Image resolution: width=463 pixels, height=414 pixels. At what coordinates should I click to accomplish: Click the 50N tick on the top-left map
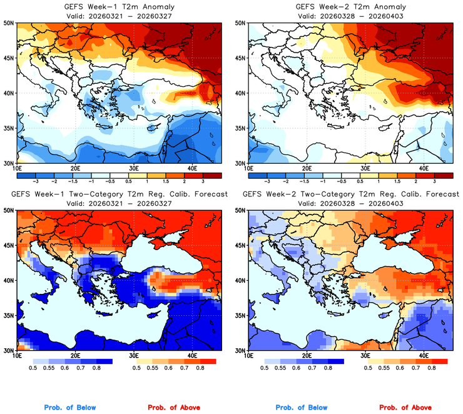point(9,23)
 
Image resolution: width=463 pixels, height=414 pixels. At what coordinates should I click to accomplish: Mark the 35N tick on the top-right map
point(240,128)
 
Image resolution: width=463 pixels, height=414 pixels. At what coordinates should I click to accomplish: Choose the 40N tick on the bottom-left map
point(9,281)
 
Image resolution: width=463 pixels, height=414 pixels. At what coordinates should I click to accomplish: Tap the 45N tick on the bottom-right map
point(240,246)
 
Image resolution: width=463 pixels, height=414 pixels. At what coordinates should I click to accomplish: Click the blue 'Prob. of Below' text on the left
point(69,408)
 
